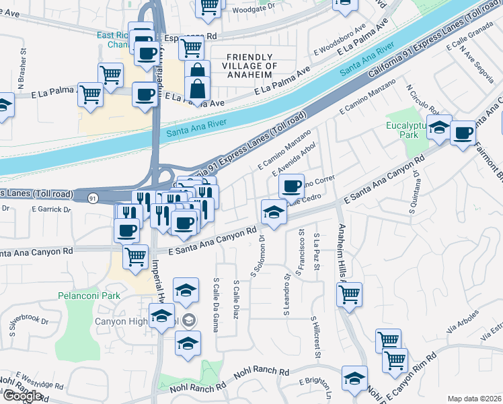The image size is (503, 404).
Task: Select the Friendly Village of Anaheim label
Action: coord(251,66)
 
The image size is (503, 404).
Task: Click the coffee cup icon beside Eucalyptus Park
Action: coord(463,133)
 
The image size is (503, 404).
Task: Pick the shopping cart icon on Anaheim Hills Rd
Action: coord(350,294)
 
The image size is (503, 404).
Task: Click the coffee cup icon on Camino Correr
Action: coord(291,185)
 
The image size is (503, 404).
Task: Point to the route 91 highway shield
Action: coord(92,198)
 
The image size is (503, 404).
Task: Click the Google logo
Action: coord(22,396)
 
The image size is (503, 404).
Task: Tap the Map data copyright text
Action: coord(474,399)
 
